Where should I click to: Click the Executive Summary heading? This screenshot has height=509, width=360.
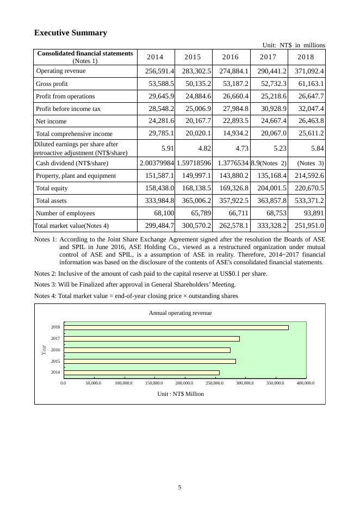pyautogui.click(x=71, y=33)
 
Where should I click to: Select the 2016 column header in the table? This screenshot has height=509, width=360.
pyautogui.click(x=231, y=57)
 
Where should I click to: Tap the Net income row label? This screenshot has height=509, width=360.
pyautogui.click(x=51, y=121)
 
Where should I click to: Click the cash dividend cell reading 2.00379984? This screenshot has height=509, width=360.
pyautogui.click(x=157, y=163)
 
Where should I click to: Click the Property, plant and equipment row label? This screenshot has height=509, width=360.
pyautogui.click(x=76, y=176)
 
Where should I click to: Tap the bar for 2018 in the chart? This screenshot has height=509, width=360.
pyautogui.click(x=176, y=327)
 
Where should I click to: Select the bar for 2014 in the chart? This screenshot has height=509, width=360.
pyautogui.click(x=141, y=373)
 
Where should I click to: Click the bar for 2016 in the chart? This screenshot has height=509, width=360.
pyautogui.click(x=147, y=350)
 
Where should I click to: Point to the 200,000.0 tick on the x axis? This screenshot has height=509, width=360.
pyautogui.click(x=185, y=383)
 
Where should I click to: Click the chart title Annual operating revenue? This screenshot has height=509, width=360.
pyautogui.click(x=180, y=313)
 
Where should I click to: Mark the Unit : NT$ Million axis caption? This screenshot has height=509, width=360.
pyautogui.click(x=180, y=394)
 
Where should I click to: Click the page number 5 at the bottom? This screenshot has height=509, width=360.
pyautogui.click(x=179, y=487)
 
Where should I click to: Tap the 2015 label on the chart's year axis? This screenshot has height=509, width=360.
pyautogui.click(x=55, y=361)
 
